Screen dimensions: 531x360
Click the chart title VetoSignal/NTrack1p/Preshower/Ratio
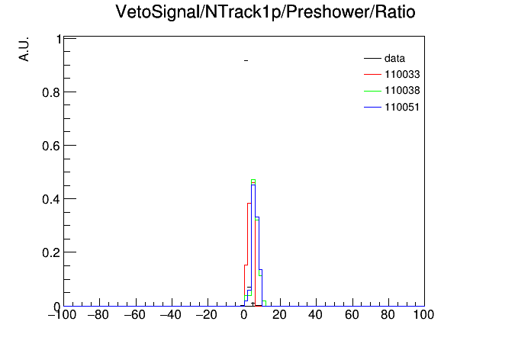(x=265, y=12)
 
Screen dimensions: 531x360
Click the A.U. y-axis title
(x=24, y=49)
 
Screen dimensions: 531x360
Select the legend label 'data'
(x=394, y=58)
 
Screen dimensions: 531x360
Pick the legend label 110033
(x=402, y=74)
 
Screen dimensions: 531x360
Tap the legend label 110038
(x=402, y=91)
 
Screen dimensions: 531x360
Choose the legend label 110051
(x=402, y=107)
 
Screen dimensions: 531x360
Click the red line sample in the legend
(x=372, y=74)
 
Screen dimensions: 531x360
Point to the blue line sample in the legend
(x=372, y=108)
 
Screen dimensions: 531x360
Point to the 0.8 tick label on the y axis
(x=51, y=92)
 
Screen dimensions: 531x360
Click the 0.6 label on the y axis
(x=51, y=146)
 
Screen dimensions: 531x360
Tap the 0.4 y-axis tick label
(x=51, y=200)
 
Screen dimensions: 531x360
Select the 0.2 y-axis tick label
(x=51, y=253)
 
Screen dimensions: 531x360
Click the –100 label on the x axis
(x=63, y=315)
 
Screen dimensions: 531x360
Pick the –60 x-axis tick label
(x=135, y=315)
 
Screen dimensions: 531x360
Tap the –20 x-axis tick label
(x=207, y=315)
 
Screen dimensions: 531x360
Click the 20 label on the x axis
(x=279, y=315)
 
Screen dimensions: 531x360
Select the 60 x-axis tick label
(x=352, y=315)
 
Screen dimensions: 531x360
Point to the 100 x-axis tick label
(x=423, y=315)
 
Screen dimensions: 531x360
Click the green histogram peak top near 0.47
(x=253, y=180)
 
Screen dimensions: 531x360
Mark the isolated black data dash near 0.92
(x=246, y=60)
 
